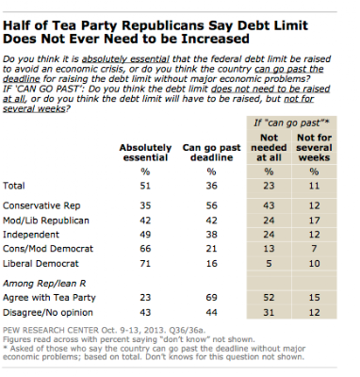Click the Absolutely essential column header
(x=145, y=153)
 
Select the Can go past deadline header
(x=211, y=153)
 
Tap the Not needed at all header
(x=269, y=147)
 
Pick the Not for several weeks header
(x=314, y=147)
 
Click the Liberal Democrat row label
(x=41, y=263)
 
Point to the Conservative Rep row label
(x=41, y=205)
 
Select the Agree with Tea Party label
(x=49, y=298)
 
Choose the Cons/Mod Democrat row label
(x=48, y=249)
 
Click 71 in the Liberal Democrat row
(x=145, y=263)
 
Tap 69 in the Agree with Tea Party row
(x=211, y=297)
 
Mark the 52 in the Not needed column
(x=269, y=297)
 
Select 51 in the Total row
(x=145, y=186)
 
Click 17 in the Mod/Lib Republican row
(x=314, y=221)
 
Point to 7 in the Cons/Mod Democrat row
(x=314, y=249)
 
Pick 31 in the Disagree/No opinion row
(x=269, y=313)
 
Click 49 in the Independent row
(x=145, y=235)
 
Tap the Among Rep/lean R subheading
(x=44, y=284)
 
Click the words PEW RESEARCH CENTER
(x=51, y=330)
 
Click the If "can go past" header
(x=291, y=123)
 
